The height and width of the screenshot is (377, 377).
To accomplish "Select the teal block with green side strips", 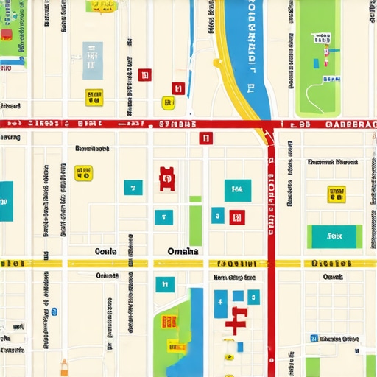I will click(x=335, y=236).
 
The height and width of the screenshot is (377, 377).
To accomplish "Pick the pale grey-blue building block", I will click(x=93, y=60).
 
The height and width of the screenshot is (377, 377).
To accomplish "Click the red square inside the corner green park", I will click(x=7, y=35).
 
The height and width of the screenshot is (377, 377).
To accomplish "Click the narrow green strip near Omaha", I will click(x=195, y=225).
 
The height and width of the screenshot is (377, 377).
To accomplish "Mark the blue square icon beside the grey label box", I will click(x=314, y=339).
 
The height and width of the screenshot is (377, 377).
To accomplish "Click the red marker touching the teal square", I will click(x=236, y=216).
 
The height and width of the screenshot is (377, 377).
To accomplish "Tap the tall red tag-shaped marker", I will click(x=167, y=178).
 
